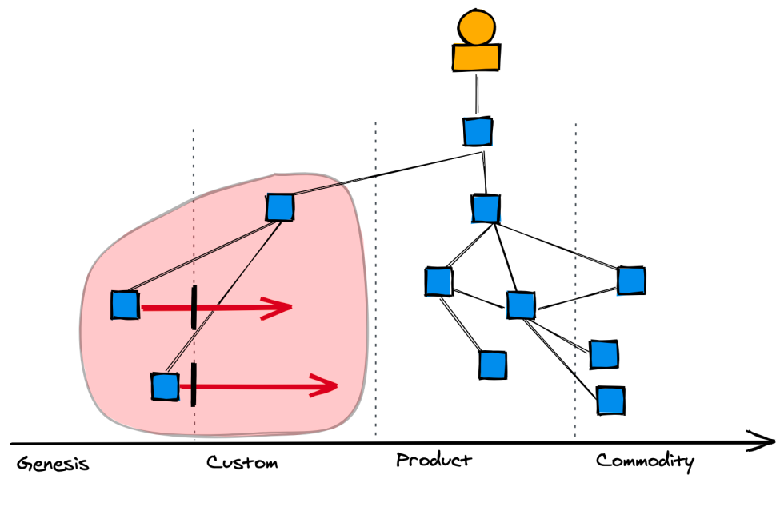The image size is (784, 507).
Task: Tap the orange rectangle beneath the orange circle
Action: click(476, 57)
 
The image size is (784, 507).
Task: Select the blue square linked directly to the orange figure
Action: click(478, 131)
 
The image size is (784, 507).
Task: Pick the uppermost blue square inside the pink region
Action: click(279, 208)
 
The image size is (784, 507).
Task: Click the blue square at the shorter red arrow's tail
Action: click(125, 305)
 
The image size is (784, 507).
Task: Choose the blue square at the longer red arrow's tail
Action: click(165, 386)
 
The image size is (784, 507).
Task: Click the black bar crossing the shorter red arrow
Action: click(194, 307)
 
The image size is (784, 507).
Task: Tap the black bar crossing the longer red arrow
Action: click(194, 384)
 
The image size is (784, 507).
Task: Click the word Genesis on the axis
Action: click(53, 464)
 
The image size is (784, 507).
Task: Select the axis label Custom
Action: click(242, 463)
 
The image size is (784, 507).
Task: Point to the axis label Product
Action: click(434, 461)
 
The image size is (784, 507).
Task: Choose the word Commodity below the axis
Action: click(645, 461)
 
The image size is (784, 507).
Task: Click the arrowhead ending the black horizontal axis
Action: click(764, 441)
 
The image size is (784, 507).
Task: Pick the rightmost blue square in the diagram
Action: click(631, 281)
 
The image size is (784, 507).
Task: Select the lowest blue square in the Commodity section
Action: click(610, 400)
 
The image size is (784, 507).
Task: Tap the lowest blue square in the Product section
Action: click(493, 365)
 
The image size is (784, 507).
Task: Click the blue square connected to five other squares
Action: click(521, 305)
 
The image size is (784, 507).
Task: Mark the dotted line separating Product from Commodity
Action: click(575, 280)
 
